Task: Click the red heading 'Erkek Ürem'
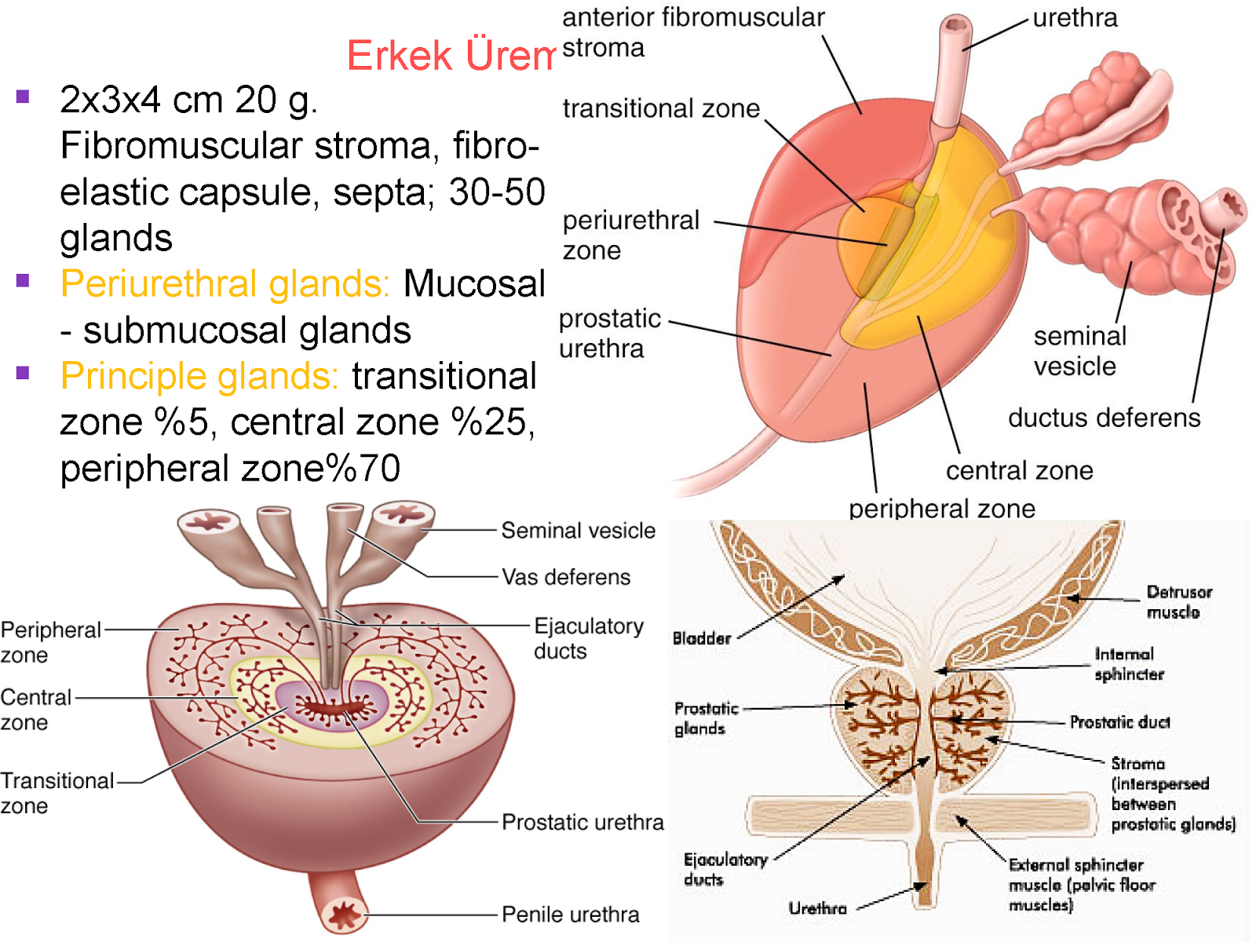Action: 451,55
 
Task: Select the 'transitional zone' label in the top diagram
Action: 661,108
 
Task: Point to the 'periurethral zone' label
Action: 630,235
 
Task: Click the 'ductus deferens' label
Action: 1104,418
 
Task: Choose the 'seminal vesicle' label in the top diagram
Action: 1079,351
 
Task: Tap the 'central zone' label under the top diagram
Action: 1019,470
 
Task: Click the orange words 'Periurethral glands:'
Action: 225,283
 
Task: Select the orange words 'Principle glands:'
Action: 199,376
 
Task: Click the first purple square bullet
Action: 23,97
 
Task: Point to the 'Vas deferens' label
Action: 566,577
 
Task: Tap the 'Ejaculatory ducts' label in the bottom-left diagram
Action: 588,638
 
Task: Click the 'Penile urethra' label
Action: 570,915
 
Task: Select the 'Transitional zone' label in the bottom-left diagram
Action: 57,793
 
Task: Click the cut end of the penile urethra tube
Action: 343,915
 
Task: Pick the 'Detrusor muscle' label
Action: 1178,602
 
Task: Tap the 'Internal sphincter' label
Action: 1128,664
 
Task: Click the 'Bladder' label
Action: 701,638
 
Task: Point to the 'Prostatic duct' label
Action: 1119,722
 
